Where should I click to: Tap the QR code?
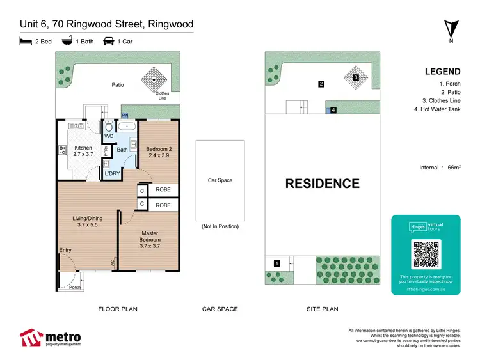coord(426,254)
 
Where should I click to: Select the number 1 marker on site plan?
coord(276,263)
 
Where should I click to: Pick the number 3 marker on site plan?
coord(355,78)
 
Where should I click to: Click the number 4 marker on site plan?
coord(333,110)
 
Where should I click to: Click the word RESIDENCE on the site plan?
coord(322,184)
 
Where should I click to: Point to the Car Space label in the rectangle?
coord(220,180)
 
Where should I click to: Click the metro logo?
coord(51,337)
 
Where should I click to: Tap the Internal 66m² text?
coord(439,168)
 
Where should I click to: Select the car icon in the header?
coord(109,42)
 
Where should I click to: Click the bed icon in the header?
coord(26,42)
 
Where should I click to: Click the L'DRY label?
coord(113,173)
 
